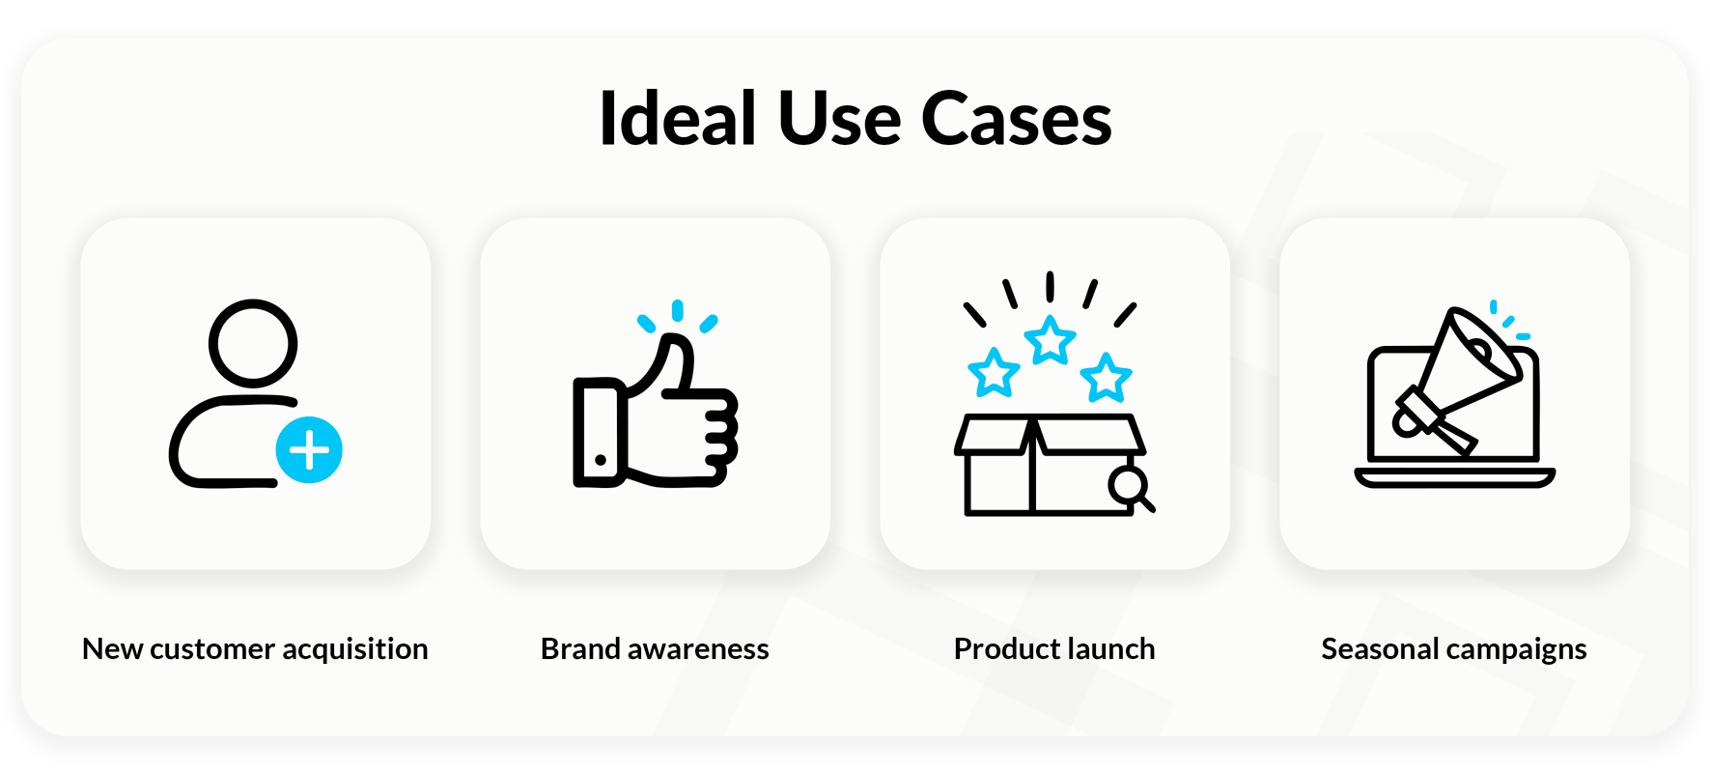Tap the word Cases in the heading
tap(1016, 119)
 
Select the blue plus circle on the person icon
tap(309, 450)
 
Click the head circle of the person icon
tap(253, 343)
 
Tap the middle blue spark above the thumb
tap(678, 310)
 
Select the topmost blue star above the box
tap(1050, 340)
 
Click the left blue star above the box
tap(994, 373)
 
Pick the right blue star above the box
tap(1106, 377)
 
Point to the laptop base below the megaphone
tap(1455, 477)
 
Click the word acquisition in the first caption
tap(354, 649)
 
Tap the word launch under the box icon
tap(1107, 648)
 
